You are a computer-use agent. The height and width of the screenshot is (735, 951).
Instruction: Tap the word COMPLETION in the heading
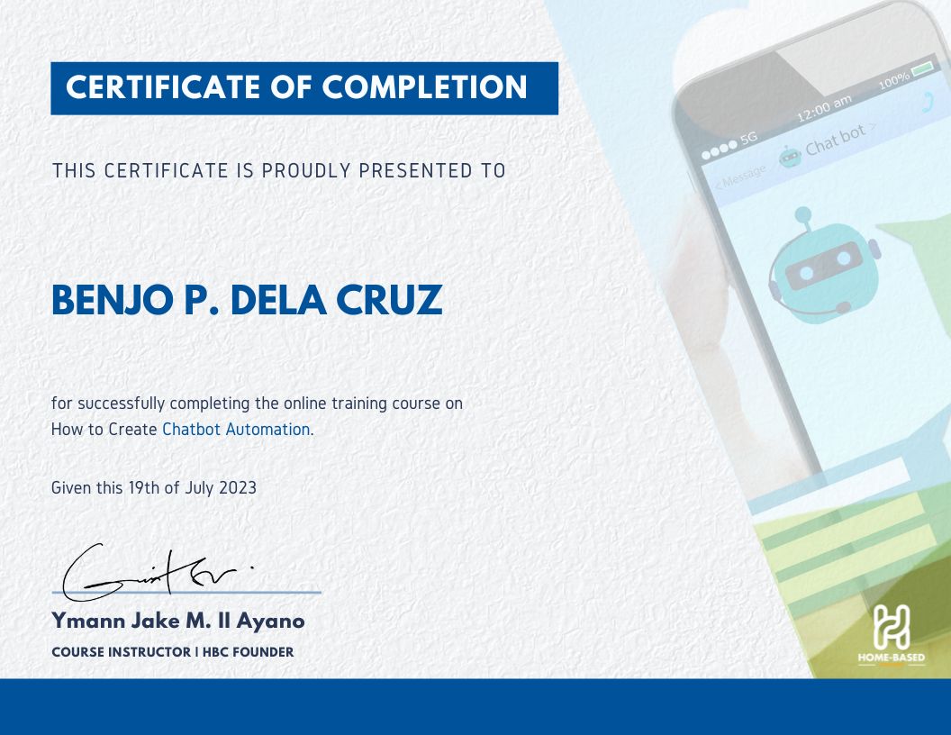click(x=425, y=87)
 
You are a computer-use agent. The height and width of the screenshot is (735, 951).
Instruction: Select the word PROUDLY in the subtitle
click(x=304, y=170)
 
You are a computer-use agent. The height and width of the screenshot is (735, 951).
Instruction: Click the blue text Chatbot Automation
click(x=236, y=430)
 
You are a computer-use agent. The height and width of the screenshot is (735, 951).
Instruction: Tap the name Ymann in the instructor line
click(x=83, y=622)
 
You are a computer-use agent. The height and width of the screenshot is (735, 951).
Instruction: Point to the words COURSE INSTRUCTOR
click(x=120, y=652)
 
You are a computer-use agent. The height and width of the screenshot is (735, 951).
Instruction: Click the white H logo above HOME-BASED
click(x=891, y=627)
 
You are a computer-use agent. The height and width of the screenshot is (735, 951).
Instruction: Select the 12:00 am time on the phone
click(x=824, y=110)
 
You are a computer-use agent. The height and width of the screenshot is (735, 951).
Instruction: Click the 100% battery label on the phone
click(x=893, y=82)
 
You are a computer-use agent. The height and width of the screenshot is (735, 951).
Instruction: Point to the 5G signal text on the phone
click(x=748, y=139)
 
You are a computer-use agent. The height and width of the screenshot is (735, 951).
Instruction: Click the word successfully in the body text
click(x=120, y=404)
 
